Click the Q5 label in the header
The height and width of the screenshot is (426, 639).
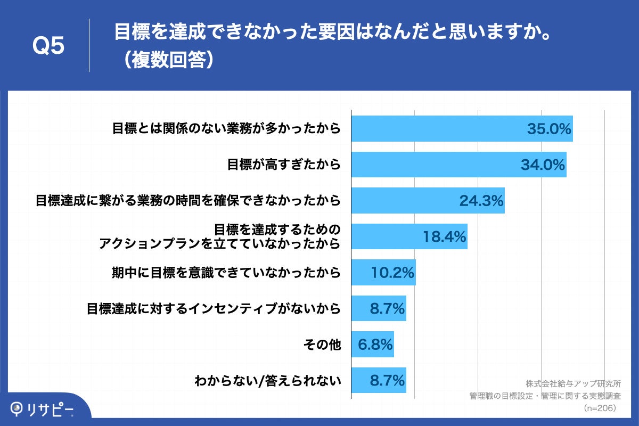coord(48,46)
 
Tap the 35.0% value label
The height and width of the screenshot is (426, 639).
coord(549,129)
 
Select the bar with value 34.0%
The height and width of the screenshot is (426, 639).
coord(458,165)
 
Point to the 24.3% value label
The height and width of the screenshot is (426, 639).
coord(481,201)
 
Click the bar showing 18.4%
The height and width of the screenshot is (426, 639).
coord(409,236)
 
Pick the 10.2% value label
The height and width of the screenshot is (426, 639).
coord(392,273)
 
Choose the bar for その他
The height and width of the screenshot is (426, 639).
coord(372,345)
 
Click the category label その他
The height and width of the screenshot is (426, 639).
coord(322,345)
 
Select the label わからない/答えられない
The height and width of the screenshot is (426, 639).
coord(267,381)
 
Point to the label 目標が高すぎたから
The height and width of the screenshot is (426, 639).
coord(284,165)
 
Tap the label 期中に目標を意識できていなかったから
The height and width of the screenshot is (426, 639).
coord(226,273)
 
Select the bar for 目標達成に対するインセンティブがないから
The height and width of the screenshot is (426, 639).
coord(379,308)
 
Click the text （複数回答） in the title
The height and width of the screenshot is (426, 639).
coord(167,60)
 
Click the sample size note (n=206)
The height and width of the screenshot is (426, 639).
coord(600,408)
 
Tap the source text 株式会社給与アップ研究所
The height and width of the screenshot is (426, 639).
coord(573,383)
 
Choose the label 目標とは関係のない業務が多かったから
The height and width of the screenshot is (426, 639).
coord(226,129)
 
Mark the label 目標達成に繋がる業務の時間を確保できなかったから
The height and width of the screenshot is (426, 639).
coord(187,201)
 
